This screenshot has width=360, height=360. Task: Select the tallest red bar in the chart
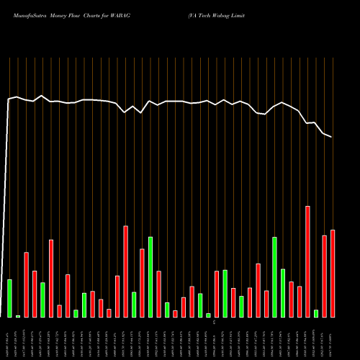[307, 261]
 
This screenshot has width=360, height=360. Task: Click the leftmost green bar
[9, 298]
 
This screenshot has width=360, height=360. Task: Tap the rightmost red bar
[333, 274]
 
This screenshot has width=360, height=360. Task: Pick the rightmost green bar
[316, 313]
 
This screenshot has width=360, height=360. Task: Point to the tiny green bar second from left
[18, 315]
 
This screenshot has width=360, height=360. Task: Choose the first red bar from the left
[27, 284]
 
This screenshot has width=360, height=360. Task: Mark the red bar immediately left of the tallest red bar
[300, 302]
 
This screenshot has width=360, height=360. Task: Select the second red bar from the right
[325, 276]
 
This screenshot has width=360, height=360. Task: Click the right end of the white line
[332, 137]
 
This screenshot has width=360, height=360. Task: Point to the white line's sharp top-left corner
[9, 99]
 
